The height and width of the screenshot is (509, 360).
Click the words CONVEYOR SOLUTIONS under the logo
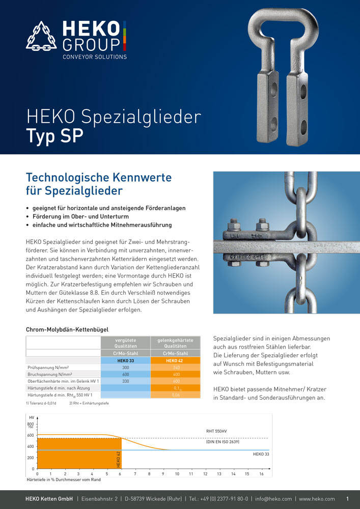point(94,57)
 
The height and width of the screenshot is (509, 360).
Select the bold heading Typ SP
point(54,136)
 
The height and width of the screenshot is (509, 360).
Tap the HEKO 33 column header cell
point(125,360)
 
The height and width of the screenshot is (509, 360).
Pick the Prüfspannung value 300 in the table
point(125,366)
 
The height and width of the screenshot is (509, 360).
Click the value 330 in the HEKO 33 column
point(125,380)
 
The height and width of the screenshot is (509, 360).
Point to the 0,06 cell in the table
point(176,394)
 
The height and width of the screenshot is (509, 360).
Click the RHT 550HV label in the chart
point(216,431)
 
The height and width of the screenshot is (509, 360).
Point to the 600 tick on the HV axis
point(31,436)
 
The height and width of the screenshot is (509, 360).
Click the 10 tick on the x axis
point(177,474)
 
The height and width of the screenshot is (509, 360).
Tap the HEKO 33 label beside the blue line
point(261,453)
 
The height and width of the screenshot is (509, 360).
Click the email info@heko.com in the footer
point(273,499)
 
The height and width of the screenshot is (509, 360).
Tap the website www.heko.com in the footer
point(317,499)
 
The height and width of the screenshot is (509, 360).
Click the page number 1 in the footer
point(347,499)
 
